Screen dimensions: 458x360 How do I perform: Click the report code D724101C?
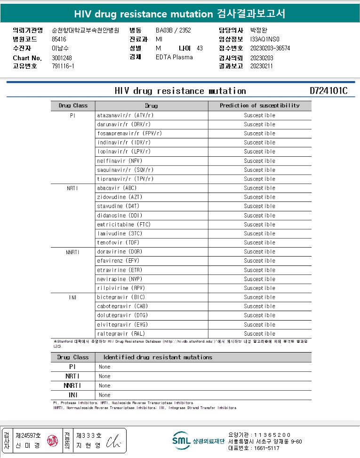point(328,91)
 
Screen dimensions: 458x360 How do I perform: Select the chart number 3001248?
point(62,58)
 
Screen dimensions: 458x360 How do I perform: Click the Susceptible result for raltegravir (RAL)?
point(259,334)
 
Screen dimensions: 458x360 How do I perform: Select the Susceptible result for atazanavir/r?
point(259,115)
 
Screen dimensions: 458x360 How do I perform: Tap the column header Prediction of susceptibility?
point(259,105)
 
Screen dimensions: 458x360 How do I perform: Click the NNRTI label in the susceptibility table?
point(73,252)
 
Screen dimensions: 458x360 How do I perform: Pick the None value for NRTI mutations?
point(104,376)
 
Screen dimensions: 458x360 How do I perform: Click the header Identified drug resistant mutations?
point(157,357)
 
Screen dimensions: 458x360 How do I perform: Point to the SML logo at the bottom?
point(181,441)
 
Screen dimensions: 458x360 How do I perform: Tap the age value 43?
point(200,48)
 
